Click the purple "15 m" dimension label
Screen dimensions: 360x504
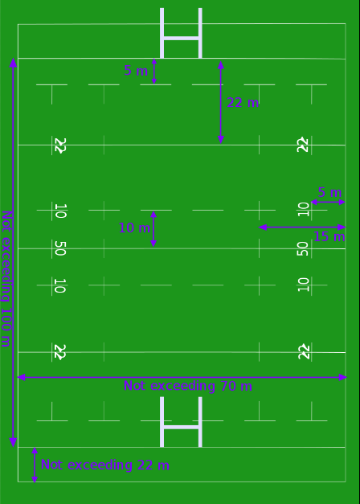(329, 237)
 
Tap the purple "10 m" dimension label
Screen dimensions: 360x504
(134, 228)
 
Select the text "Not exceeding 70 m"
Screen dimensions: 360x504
(188, 386)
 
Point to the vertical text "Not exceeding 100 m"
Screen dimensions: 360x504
(6, 279)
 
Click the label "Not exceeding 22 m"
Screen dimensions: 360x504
(105, 465)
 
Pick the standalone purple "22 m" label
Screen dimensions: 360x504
(243, 103)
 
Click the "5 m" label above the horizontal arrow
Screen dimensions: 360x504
(329, 193)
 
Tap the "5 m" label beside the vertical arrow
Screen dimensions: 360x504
(136, 71)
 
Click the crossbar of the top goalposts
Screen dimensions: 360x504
(181, 39)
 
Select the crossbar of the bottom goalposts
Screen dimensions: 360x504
(181, 427)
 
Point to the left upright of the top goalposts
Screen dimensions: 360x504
(162, 33)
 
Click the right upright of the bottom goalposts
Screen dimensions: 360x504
(200, 422)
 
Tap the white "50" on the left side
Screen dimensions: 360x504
(60, 248)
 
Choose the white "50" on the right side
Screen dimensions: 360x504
(302, 249)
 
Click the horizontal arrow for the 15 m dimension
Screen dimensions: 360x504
(302, 227)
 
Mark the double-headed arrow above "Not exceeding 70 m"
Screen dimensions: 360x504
(182, 377)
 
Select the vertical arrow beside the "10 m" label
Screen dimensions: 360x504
(153, 229)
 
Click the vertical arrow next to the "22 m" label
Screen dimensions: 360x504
(221, 102)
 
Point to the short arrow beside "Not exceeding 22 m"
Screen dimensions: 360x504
(35, 465)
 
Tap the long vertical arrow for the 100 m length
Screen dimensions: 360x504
(13, 252)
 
